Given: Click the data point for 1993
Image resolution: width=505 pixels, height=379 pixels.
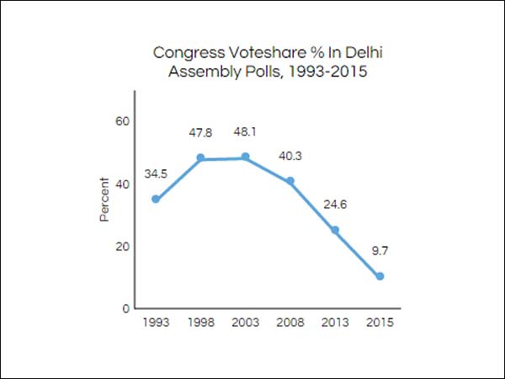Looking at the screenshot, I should click(156, 200).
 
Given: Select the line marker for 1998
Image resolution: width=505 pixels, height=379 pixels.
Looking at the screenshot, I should click(201, 157).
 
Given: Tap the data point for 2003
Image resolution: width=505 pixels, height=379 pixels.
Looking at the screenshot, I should click(246, 157).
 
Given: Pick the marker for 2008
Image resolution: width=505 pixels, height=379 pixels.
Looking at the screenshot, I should click(290, 181).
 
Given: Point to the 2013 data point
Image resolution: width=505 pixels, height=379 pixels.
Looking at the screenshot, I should click(335, 230).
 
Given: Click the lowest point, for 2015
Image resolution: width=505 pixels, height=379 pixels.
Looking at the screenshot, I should click(380, 276).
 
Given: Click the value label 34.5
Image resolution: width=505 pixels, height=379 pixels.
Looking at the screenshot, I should click(156, 174).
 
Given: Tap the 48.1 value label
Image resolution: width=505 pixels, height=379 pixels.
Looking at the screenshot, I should click(246, 132).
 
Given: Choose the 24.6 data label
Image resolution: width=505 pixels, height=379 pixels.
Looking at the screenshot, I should click(336, 204).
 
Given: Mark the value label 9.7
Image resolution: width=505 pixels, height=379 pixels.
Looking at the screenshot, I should click(380, 251).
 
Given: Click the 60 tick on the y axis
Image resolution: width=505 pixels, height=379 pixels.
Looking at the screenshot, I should click(122, 121).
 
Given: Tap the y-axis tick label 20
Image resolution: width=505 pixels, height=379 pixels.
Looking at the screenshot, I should click(122, 246).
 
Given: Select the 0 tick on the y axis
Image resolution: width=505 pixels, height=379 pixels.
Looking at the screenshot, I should click(125, 308).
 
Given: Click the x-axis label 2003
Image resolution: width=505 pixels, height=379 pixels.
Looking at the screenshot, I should click(246, 323).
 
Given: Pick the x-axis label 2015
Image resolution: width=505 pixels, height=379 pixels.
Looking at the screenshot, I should click(380, 323).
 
